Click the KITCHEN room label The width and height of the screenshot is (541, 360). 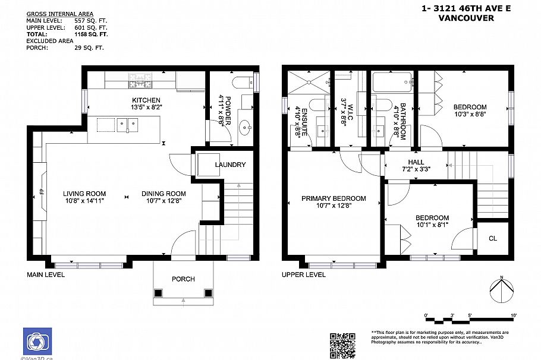coord(146,99)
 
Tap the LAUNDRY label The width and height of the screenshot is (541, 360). coord(230,165)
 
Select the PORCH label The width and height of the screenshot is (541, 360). coord(183,279)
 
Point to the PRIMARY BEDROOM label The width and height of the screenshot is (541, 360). coord(334,198)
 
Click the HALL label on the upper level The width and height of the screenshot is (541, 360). coord(416,162)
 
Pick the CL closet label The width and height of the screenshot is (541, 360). coord(493,238)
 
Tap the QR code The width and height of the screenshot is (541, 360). coord(342,345)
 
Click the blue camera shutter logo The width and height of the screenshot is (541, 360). coord(37,341)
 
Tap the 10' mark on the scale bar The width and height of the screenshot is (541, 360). coord(513,315)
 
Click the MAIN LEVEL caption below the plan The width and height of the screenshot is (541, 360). coord(46,274)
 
